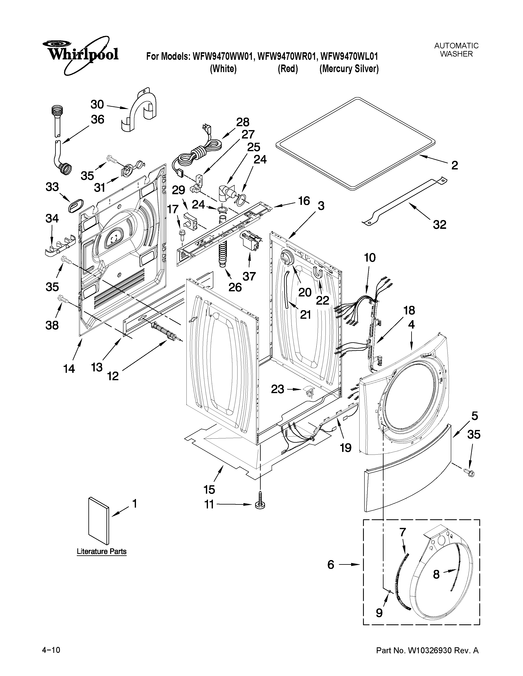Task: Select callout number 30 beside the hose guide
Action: tap(97, 105)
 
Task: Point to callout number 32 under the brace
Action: tap(439, 224)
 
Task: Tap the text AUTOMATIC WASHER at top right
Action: tap(456, 50)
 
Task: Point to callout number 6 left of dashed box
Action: tap(331, 565)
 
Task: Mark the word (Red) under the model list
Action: tap(288, 69)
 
